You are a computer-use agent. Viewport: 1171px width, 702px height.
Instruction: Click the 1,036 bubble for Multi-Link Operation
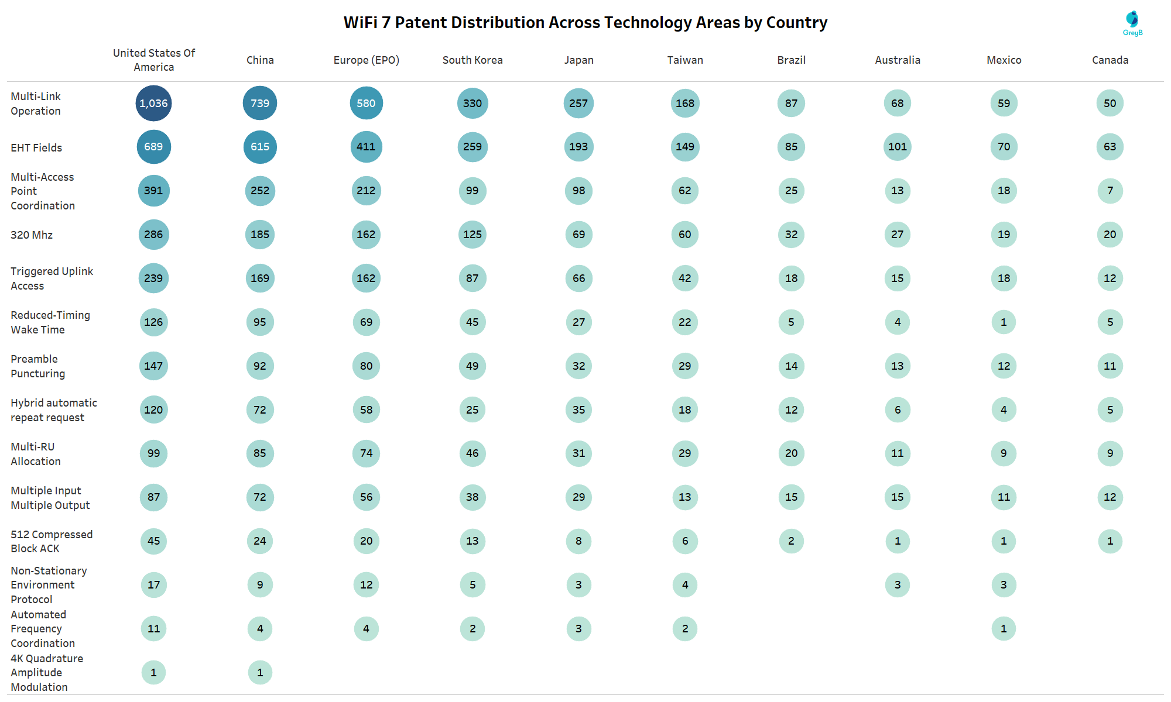tap(153, 104)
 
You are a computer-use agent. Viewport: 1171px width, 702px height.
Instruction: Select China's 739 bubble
tap(260, 104)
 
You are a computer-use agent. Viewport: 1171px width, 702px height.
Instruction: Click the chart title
tap(585, 23)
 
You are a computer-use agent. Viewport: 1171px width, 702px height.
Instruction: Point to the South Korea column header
tap(472, 60)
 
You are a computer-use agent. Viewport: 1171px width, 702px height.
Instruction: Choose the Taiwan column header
tap(685, 60)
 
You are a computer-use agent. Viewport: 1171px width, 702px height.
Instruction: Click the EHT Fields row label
tap(36, 148)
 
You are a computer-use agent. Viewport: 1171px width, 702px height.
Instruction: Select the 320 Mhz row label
tap(32, 235)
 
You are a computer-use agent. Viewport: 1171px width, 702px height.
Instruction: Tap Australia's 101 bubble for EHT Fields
tap(898, 147)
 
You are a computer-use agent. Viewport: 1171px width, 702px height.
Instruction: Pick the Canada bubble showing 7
tap(1110, 191)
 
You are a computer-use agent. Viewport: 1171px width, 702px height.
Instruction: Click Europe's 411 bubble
tap(366, 147)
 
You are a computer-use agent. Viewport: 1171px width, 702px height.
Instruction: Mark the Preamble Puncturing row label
tap(37, 366)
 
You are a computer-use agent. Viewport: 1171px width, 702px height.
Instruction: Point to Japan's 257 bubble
tap(578, 104)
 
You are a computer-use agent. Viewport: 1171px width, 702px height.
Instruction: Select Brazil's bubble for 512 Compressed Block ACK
tap(791, 541)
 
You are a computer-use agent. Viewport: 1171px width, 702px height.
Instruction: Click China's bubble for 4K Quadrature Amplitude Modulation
tap(260, 673)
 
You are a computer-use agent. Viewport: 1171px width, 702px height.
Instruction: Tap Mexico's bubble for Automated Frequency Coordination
tap(1004, 629)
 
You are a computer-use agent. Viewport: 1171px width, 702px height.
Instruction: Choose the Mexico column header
tap(1004, 60)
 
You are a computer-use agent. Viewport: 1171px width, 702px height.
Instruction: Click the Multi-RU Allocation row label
tap(35, 454)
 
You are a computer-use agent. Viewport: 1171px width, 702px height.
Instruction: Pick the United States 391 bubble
tap(153, 191)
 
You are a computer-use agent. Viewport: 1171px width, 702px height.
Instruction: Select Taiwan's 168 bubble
tap(685, 104)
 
